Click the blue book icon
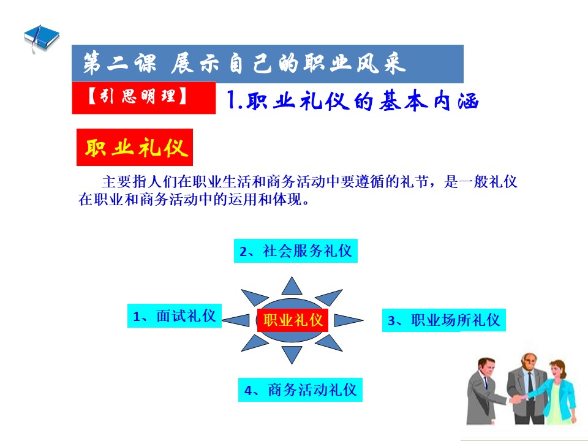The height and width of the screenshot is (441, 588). pyautogui.click(x=41, y=37)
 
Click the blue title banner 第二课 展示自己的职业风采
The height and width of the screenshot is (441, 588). pyautogui.click(x=268, y=64)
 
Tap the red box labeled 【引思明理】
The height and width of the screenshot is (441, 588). pyautogui.click(x=143, y=97)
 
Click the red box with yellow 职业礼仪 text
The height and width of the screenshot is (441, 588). pyautogui.click(x=135, y=148)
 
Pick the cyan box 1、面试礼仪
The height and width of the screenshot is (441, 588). pyautogui.click(x=175, y=316)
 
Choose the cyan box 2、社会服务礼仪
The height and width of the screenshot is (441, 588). pyautogui.click(x=295, y=251)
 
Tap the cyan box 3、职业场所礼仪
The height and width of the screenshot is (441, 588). pyautogui.click(x=443, y=320)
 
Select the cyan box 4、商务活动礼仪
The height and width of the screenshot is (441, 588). pyautogui.click(x=300, y=390)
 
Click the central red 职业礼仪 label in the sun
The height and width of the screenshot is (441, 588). pyautogui.click(x=293, y=320)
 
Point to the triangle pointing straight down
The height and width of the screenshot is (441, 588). pyautogui.click(x=292, y=353)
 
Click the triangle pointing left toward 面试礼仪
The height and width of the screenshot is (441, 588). pyautogui.click(x=237, y=320)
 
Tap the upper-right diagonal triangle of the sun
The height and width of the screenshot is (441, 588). pyautogui.click(x=330, y=297)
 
